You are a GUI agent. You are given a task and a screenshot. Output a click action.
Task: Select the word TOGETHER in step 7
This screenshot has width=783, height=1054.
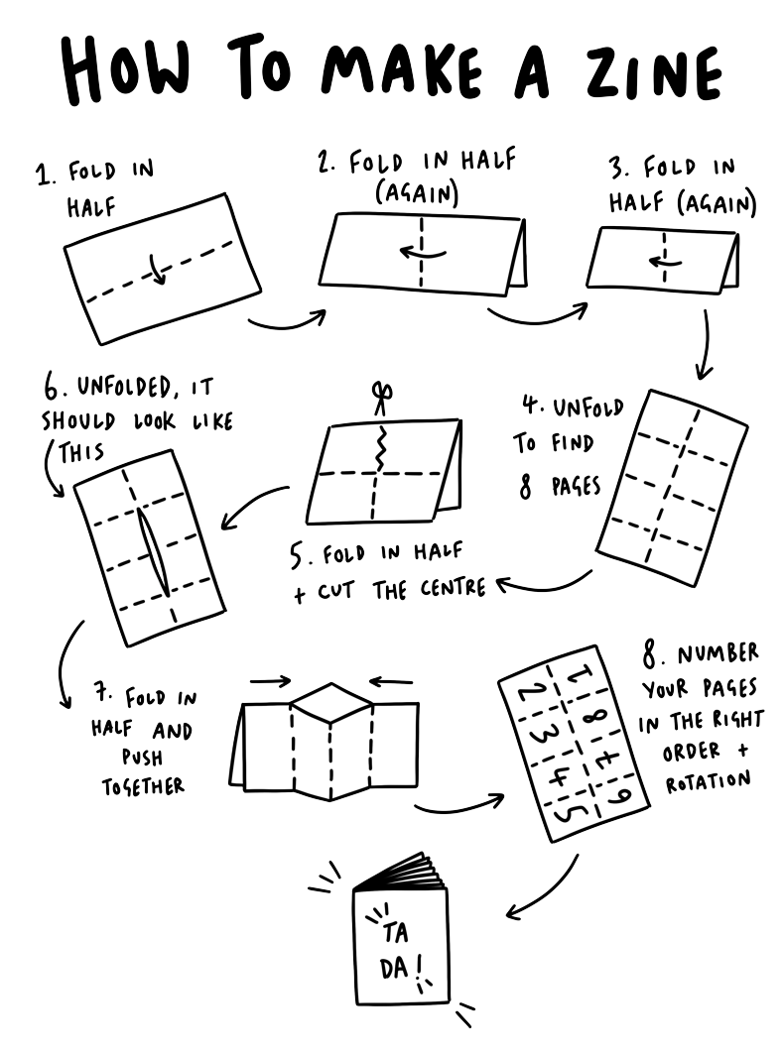coord(143,787)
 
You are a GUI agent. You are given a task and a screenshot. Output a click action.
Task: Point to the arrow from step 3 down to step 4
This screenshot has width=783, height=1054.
coord(707,347)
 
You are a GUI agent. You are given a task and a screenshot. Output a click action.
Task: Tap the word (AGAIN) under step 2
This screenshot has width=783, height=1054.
coord(417,195)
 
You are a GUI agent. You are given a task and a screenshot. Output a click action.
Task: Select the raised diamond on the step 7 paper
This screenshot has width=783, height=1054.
coord(330,703)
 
